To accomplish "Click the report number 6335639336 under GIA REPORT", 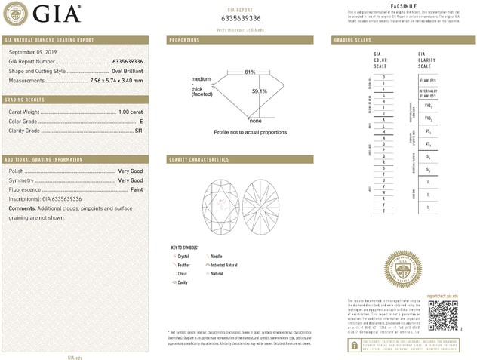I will [241, 17].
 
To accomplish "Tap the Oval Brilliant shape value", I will [122, 71].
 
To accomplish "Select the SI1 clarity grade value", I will [138, 130].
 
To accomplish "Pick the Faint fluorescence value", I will [135, 189].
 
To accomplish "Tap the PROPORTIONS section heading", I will [185, 39].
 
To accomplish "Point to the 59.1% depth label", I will [259, 91].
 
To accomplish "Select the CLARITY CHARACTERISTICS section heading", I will [199, 160].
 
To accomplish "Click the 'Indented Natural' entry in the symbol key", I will [224, 265].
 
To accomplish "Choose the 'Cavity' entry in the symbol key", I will [183, 282].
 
